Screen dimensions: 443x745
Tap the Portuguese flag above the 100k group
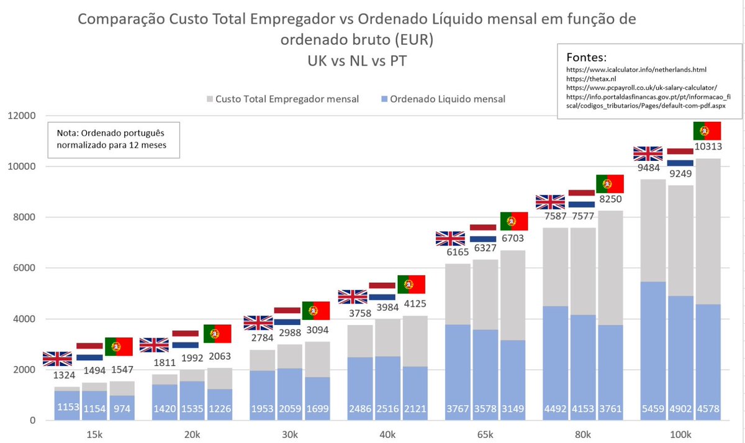pyautogui.click(x=707, y=131)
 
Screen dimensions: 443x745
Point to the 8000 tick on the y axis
pyautogui.click(x=23, y=217)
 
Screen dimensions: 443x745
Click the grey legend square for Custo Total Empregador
pyautogui.click(x=209, y=99)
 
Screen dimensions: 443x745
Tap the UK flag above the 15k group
pyautogui.click(x=57, y=359)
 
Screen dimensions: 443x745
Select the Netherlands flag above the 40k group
pyautogui.click(x=382, y=291)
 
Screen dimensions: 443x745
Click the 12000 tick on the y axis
pyautogui.click(x=20, y=116)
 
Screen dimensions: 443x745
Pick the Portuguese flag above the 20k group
pyautogui.click(x=217, y=334)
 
